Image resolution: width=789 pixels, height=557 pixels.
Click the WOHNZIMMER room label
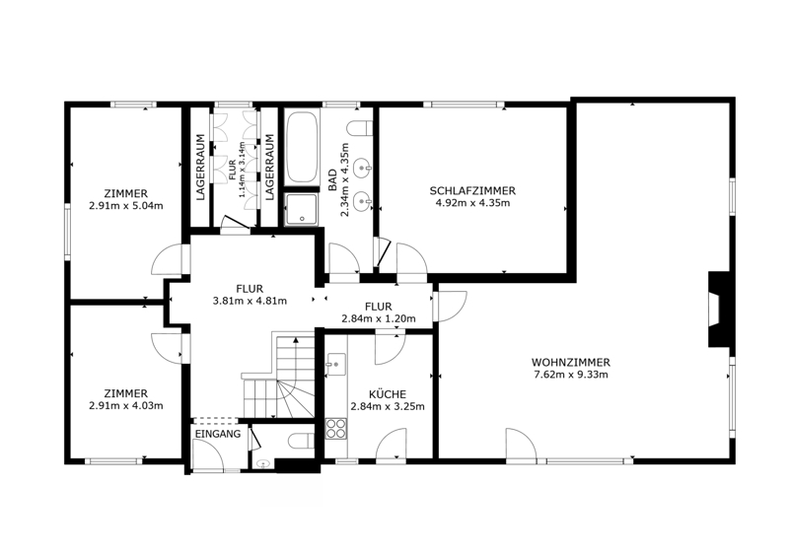571,362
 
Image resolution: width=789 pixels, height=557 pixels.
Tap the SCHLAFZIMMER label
472,191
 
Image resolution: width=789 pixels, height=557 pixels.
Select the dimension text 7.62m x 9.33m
571,375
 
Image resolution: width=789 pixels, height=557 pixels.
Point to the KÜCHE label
387,394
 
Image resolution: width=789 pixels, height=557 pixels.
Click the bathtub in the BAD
302,148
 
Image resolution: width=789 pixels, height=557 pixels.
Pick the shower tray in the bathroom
302,209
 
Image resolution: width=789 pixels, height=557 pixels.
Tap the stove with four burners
336,429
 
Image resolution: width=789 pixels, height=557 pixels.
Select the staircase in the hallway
278,376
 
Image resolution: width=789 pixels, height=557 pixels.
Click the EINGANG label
217,434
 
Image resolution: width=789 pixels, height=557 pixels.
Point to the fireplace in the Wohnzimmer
719,309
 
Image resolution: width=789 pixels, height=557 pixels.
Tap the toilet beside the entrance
301,441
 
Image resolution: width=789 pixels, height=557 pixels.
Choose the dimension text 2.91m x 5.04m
126,206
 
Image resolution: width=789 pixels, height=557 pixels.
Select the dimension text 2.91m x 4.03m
126,406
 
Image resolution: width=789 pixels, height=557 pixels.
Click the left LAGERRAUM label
200,167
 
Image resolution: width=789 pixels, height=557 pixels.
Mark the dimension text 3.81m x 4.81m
250,302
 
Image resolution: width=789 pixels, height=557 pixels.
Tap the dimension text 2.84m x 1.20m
379,318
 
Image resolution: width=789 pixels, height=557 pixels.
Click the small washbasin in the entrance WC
262,464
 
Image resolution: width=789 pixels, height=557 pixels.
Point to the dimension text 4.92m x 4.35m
472,203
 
